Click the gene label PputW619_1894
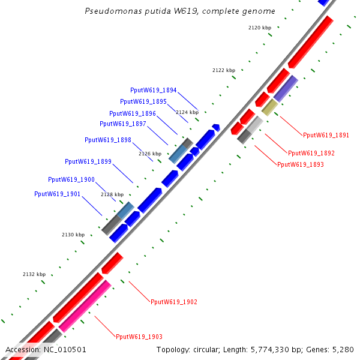[153, 90]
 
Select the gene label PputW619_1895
[143, 101]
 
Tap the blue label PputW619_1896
[133, 113]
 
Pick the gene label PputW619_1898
[108, 140]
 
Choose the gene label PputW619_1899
[88, 161]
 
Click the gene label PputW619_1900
[71, 179]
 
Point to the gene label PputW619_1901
[58, 194]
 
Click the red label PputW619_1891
[326, 135]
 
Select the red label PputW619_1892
[311, 153]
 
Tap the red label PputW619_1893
[301, 164]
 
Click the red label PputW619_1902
[174, 302]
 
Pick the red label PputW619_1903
[139, 337]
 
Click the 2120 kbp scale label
[260, 28]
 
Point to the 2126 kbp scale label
[150, 154]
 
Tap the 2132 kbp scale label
[34, 274]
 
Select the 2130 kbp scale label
[73, 235]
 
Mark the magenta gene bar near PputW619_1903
[85, 305]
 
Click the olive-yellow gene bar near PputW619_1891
[269, 107]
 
